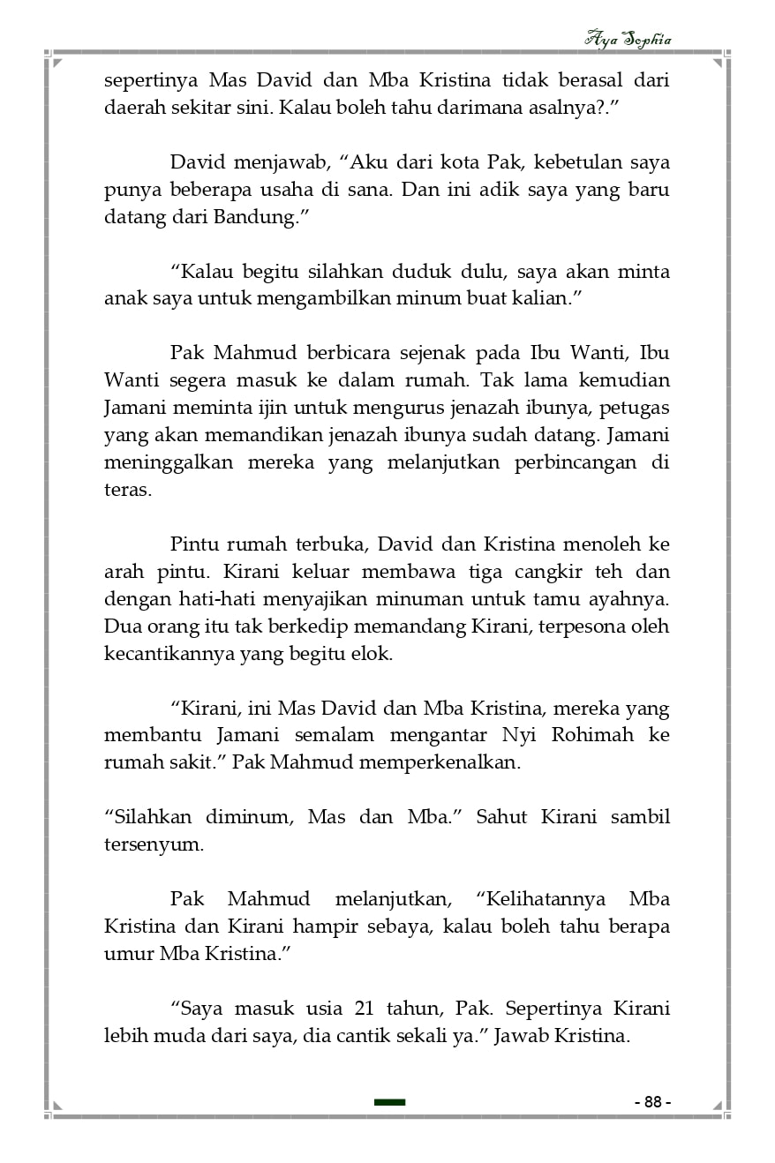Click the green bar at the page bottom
click(x=389, y=1101)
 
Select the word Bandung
click(x=256, y=217)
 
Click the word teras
click(x=128, y=490)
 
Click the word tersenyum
click(x=154, y=844)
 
